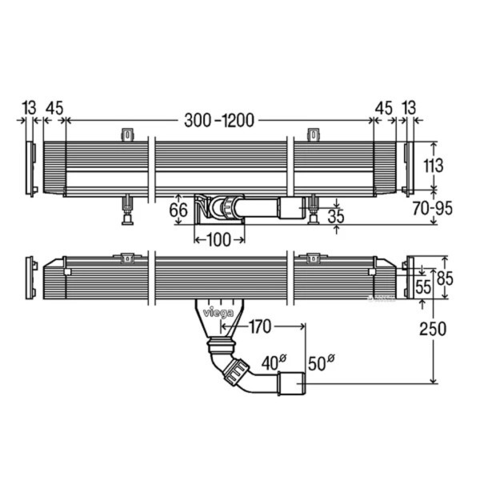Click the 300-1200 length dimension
pyautogui.click(x=219, y=120)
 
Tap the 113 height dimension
pyautogui.click(x=433, y=166)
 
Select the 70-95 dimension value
pyautogui.click(x=432, y=209)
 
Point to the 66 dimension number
pyautogui.click(x=178, y=210)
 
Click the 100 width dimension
pyautogui.click(x=218, y=240)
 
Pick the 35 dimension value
pyautogui.click(x=336, y=216)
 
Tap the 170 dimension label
pyautogui.click(x=259, y=326)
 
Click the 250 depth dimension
pyautogui.click(x=433, y=329)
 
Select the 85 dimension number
pyautogui.click(x=445, y=278)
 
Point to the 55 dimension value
pyautogui.click(x=423, y=287)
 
